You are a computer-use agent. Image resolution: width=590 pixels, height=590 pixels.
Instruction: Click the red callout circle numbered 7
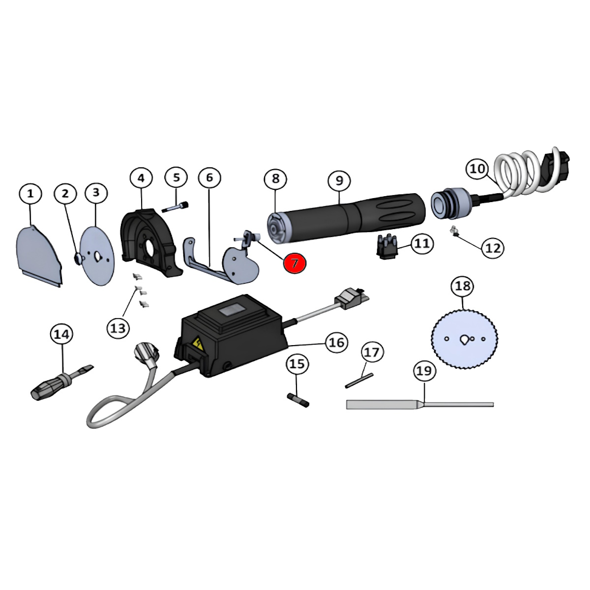[295, 263]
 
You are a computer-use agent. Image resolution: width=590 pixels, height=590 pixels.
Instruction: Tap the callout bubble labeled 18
[462, 286]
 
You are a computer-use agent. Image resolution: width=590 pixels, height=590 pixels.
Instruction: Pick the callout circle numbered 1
[30, 194]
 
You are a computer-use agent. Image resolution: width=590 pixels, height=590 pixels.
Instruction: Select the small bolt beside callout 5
[176, 206]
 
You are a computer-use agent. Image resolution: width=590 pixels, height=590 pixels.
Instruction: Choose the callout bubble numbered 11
[422, 244]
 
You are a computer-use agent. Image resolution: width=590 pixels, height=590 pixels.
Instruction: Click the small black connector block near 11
[387, 243]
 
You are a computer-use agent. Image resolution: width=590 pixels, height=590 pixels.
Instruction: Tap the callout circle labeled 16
[337, 342]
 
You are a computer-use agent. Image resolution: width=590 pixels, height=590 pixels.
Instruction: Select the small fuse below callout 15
[298, 401]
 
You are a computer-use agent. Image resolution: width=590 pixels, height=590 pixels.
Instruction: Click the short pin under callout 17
[359, 380]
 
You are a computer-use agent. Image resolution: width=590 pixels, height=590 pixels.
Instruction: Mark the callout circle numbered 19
[424, 371]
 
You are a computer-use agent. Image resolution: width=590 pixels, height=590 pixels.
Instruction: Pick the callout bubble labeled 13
[118, 328]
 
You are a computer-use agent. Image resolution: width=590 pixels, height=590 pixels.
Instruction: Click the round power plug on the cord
[147, 355]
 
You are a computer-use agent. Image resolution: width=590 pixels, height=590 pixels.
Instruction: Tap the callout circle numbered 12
[493, 248]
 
